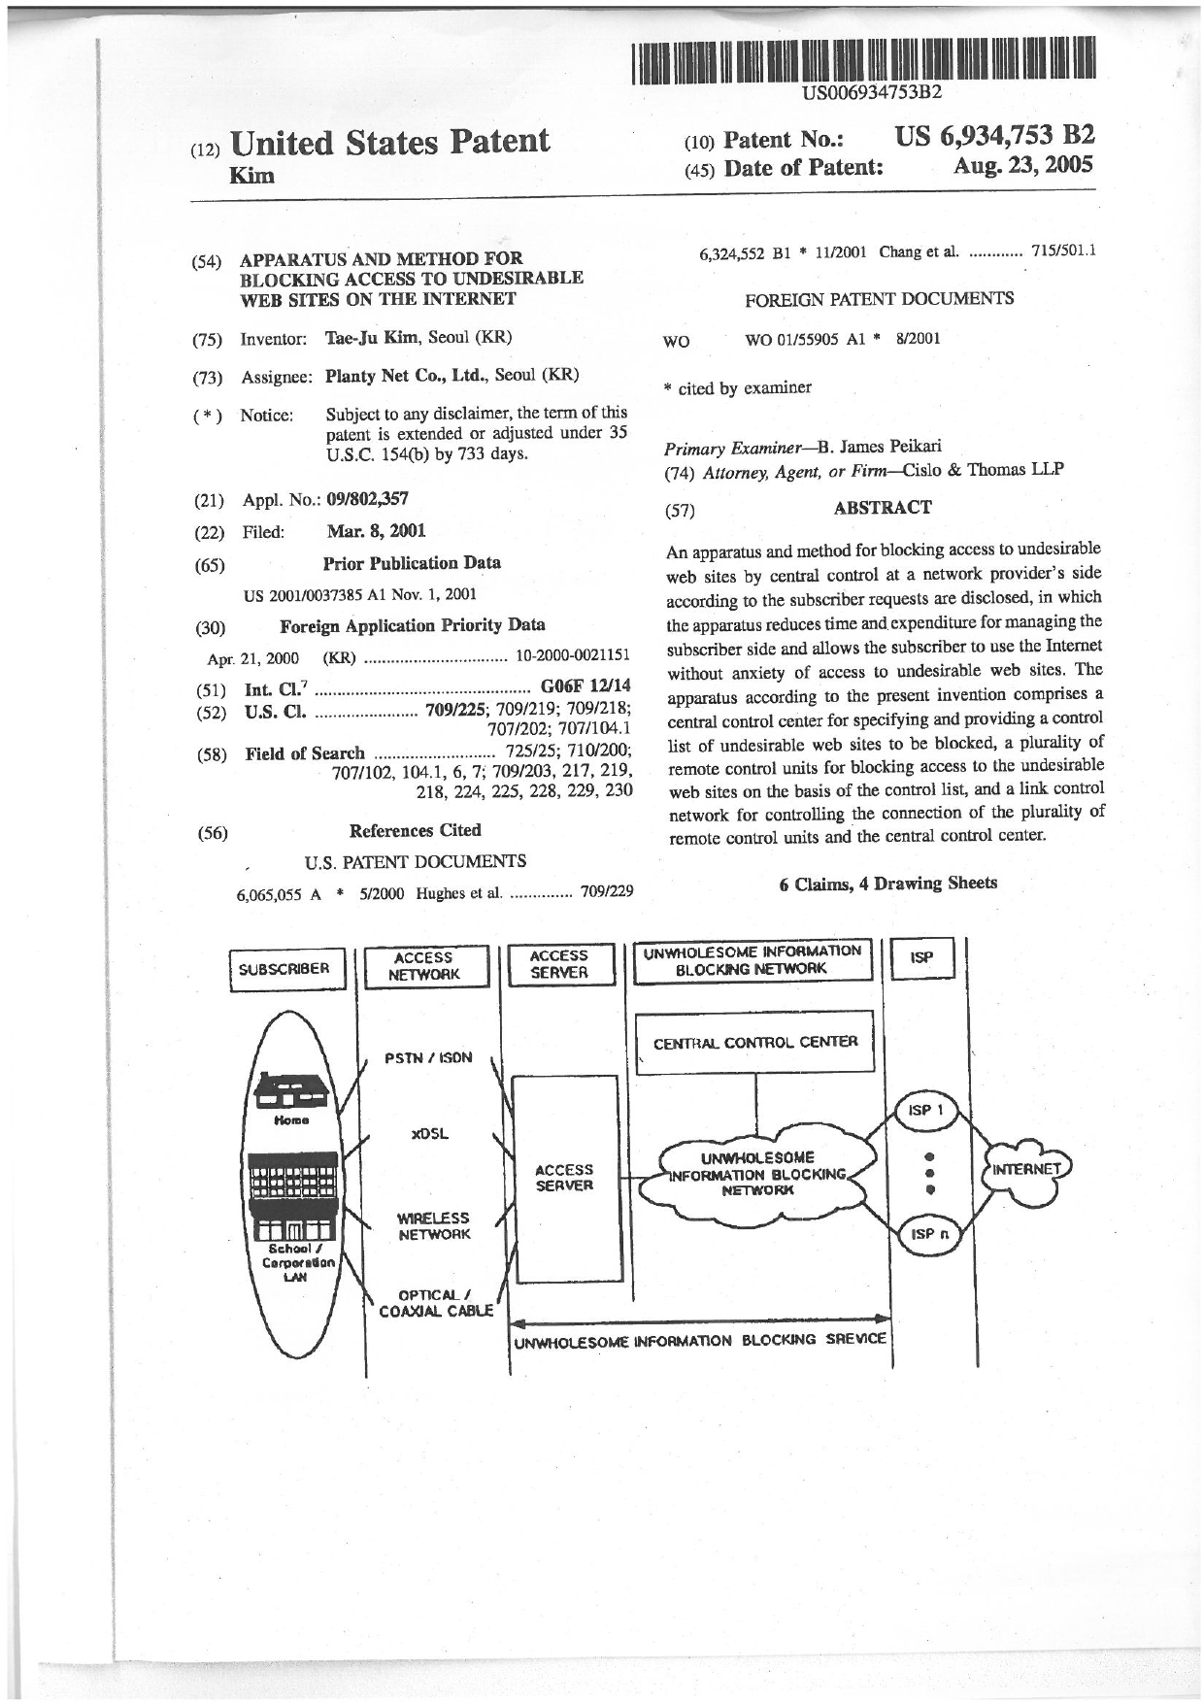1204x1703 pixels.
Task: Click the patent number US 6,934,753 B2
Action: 994,137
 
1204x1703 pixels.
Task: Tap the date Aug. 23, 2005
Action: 1023,165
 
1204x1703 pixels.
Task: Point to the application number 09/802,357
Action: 367,499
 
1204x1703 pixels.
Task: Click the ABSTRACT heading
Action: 882,507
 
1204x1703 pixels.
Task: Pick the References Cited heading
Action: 415,830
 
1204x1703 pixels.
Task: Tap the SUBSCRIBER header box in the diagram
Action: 284,969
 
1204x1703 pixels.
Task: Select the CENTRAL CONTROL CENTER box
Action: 754,1042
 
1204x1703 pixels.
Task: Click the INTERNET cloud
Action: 1027,1168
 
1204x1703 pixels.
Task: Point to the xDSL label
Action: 430,1134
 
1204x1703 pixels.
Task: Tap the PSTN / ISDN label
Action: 428,1057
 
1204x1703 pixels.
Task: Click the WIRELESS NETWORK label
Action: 433,1225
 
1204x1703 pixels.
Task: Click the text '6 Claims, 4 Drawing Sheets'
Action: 887,883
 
